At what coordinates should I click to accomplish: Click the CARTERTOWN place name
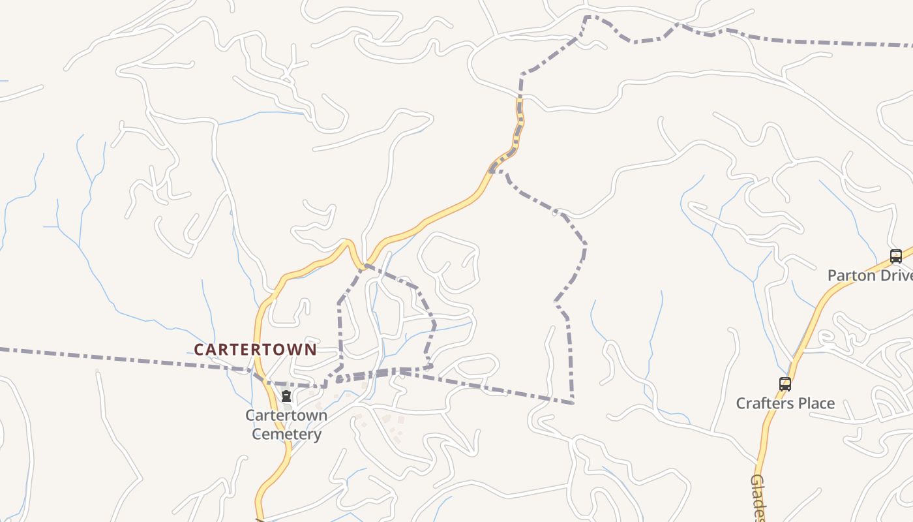pyautogui.click(x=255, y=349)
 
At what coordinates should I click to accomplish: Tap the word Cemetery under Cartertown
pyautogui.click(x=286, y=434)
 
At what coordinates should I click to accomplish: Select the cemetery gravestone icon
pyautogui.click(x=286, y=395)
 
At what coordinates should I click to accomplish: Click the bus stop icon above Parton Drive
pyautogui.click(x=895, y=256)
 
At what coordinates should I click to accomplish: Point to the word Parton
pyautogui.click(x=851, y=275)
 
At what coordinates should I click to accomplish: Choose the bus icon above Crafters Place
pyautogui.click(x=785, y=384)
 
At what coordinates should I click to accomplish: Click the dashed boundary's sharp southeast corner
pyautogui.click(x=573, y=403)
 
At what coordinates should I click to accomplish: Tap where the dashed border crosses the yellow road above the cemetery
pyautogui.click(x=259, y=378)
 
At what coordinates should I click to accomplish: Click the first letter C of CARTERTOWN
pyautogui.click(x=198, y=349)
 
